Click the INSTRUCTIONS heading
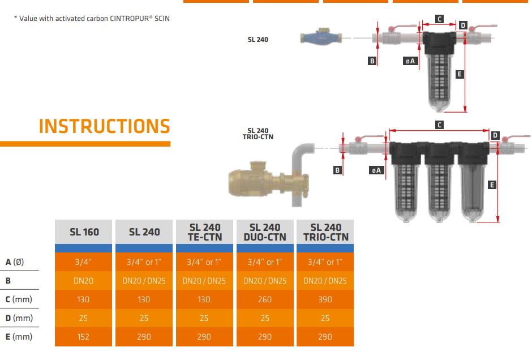click(x=104, y=126)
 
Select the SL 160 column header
click(x=84, y=232)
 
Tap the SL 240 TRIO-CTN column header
click(x=325, y=232)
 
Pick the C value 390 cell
click(x=325, y=299)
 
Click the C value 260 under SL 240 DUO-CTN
click(x=265, y=299)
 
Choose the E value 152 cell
click(x=83, y=337)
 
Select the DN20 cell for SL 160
click(x=83, y=281)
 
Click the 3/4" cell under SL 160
click(x=83, y=262)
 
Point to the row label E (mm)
click(x=19, y=337)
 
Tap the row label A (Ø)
click(x=15, y=262)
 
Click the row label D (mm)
click(x=19, y=318)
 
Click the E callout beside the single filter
click(x=460, y=74)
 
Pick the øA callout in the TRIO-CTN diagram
click(x=376, y=170)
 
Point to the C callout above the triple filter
click(x=439, y=125)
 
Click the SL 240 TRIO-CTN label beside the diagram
click(x=258, y=134)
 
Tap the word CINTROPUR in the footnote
click(x=129, y=19)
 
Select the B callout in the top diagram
click(x=372, y=61)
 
